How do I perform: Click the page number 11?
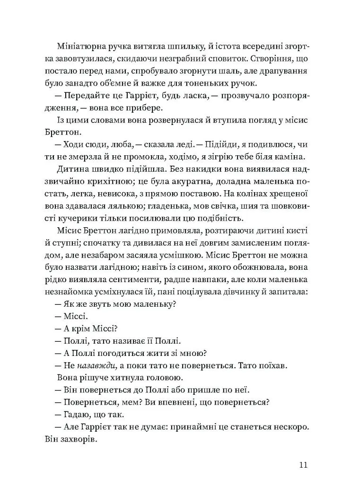click(x=304, y=464)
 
